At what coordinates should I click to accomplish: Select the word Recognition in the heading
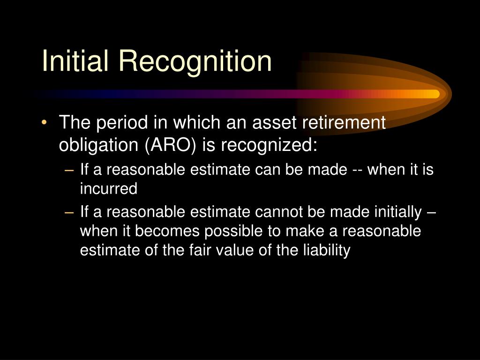(x=194, y=62)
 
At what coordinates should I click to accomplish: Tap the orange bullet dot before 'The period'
(x=44, y=123)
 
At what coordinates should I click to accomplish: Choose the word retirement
(x=344, y=123)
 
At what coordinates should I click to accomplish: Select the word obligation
(x=99, y=145)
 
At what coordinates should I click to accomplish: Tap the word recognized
(x=269, y=145)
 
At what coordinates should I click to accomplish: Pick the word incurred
(x=109, y=189)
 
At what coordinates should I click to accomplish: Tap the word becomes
(x=150, y=232)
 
